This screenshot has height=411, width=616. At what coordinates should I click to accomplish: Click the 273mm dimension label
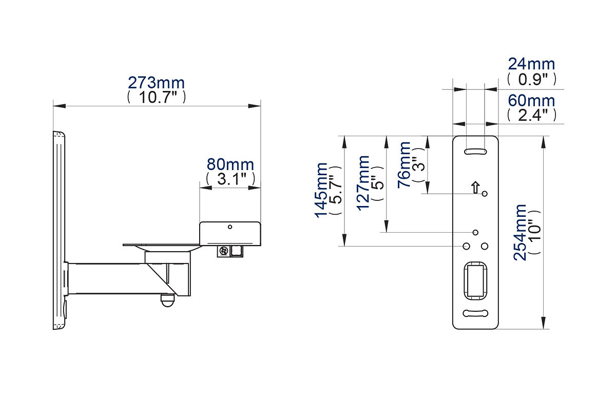coord(156,83)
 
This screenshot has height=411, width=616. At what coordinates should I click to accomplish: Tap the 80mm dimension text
coord(230,165)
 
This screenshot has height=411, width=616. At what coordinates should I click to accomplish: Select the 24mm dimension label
coord(531,64)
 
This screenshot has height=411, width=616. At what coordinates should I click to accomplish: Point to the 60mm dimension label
coord(531,101)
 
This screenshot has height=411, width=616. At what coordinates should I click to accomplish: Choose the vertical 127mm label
coord(363,182)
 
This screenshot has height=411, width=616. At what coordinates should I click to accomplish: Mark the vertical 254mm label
coord(521,232)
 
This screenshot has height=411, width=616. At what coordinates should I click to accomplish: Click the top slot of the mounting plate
coord(475,152)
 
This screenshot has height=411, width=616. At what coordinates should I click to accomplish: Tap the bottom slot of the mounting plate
coord(475,313)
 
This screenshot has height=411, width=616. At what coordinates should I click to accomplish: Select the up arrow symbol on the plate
coord(475,188)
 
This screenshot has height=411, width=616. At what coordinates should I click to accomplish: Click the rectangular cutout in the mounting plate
coord(475,280)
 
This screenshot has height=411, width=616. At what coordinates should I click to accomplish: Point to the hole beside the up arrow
coord(485,194)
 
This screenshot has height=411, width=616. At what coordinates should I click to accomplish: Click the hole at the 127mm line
coord(475,232)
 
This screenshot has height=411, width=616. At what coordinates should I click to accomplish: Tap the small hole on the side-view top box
coord(230,227)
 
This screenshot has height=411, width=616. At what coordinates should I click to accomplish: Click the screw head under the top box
coord(224,251)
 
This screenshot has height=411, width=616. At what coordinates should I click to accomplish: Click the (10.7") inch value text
coord(156,97)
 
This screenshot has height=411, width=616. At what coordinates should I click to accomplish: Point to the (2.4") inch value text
coord(531,115)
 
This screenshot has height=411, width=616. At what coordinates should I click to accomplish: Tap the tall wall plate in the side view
coord(59,231)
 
